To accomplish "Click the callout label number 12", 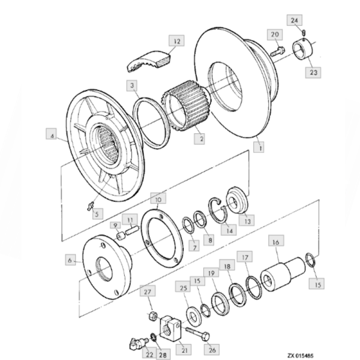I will tap(177, 41).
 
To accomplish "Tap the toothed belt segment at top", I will tap(150, 59).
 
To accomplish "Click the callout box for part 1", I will tap(259, 145).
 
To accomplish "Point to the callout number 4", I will tap(53, 137).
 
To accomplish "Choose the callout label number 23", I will tap(314, 72).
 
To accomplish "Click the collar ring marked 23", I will tap(302, 49).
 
